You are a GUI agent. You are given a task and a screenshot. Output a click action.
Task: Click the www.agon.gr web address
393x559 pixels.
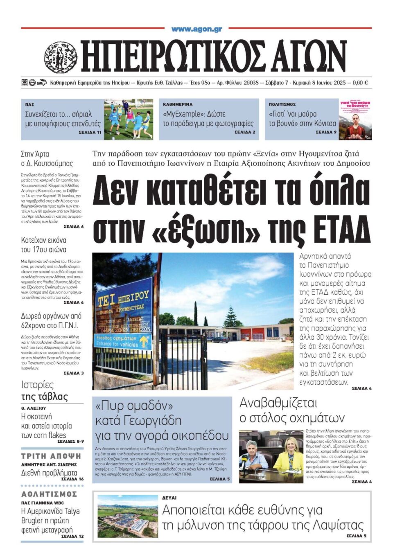pos(196,29)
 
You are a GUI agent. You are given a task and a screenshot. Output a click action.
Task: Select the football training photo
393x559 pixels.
pos(128,119)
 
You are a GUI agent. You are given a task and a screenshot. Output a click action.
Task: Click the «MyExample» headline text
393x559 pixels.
pos(194,114)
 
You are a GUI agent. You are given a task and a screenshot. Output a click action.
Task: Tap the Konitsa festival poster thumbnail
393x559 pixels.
pos(355,119)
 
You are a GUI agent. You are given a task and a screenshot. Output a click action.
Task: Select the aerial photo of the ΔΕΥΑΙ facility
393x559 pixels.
pos(127,516)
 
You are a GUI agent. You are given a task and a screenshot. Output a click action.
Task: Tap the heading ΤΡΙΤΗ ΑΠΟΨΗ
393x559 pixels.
pos(51,456)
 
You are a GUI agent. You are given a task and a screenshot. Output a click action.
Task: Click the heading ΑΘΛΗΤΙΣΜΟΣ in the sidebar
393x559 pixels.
pos(49,494)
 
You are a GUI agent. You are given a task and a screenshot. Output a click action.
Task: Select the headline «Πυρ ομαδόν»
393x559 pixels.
pos(134,406)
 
